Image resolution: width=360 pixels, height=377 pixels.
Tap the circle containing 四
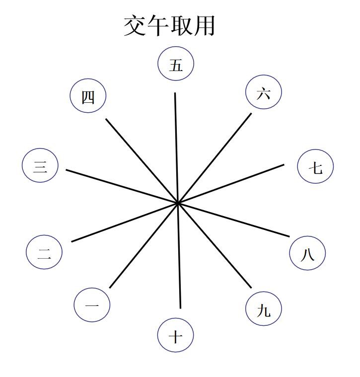pyautogui.click(x=88, y=96)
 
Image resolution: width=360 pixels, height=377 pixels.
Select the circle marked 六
pyautogui.click(x=263, y=92)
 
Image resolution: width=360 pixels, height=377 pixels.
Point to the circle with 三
pyautogui.click(x=40, y=165)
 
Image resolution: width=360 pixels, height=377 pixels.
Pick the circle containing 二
pyautogui.click(x=44, y=252)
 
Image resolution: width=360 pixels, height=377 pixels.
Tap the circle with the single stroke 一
pyautogui.click(x=92, y=304)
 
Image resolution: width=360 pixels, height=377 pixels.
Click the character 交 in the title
pyautogui.click(x=135, y=25)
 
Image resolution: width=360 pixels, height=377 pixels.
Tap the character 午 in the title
pyautogui.click(x=158, y=25)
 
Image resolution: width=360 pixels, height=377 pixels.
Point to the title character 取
pyautogui.click(x=181, y=25)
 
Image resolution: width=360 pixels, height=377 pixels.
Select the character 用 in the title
pyautogui.click(x=204, y=25)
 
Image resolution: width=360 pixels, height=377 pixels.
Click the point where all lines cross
pyautogui.click(x=177, y=203)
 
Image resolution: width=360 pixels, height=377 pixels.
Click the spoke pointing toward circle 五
pyautogui.click(x=176, y=144)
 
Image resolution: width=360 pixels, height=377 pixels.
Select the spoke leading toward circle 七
pyautogui.click(x=233, y=182)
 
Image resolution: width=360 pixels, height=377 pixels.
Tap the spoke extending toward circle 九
pyautogui.click(x=216, y=247)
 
